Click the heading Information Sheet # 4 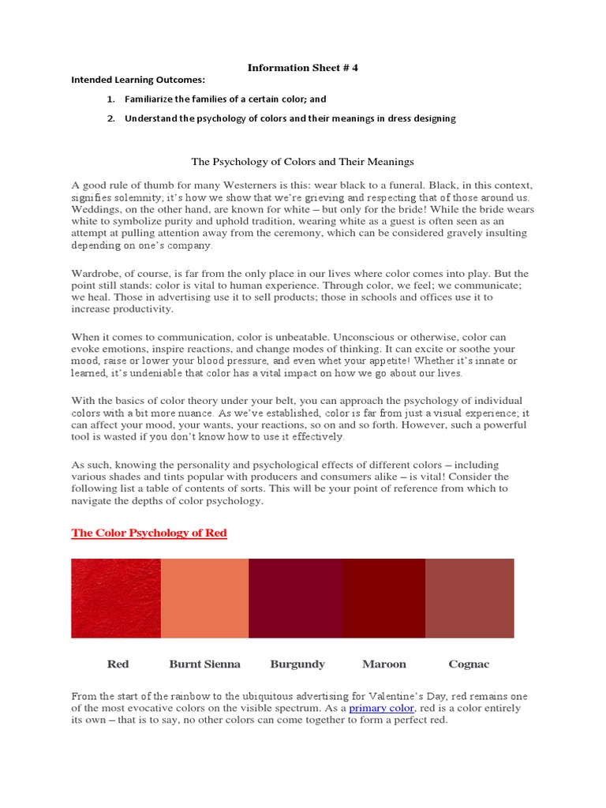click(x=303, y=68)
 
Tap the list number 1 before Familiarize click(x=111, y=99)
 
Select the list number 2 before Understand click(x=111, y=118)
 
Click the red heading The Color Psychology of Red click(x=149, y=533)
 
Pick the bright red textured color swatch click(x=116, y=598)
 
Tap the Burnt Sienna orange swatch click(x=204, y=598)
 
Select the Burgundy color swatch click(x=296, y=598)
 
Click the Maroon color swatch click(x=384, y=598)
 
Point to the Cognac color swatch click(x=469, y=598)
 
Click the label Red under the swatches click(x=118, y=664)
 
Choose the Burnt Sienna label click(x=205, y=664)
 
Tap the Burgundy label click(x=297, y=664)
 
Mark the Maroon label click(x=384, y=664)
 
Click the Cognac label click(x=469, y=664)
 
